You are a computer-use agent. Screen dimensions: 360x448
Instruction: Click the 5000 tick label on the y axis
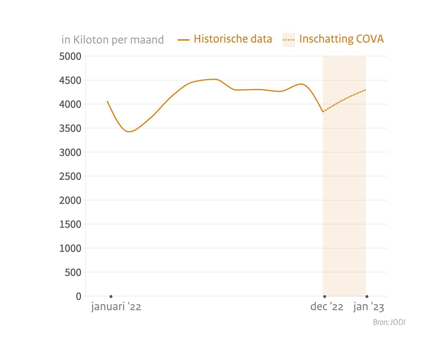[70, 56]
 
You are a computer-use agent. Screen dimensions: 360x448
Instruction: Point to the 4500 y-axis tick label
[70, 80]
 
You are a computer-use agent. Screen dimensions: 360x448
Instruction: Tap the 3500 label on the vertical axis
[70, 128]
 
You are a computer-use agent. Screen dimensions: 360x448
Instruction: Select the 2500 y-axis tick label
[70, 176]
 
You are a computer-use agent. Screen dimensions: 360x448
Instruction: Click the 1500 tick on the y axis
[70, 224]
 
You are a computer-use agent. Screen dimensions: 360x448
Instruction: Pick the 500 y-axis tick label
[73, 272]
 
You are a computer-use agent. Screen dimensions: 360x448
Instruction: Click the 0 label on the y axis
[78, 296]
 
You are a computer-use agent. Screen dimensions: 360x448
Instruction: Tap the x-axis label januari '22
[116, 307]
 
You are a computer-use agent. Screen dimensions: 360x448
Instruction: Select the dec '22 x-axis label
[327, 307]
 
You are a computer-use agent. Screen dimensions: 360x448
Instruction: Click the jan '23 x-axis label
[368, 307]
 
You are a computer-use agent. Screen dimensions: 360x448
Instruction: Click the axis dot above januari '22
[111, 297]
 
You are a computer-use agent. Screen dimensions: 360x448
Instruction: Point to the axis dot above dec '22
[325, 297]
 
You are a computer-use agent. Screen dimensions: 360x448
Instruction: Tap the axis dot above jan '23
[367, 297]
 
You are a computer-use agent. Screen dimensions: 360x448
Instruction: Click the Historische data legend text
[233, 39]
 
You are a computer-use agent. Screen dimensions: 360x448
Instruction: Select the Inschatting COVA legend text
[341, 39]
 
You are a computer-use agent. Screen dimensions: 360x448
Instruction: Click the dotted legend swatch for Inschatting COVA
[289, 40]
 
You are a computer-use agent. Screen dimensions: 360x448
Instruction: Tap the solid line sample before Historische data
[184, 40]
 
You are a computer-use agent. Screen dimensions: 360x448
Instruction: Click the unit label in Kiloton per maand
[113, 39]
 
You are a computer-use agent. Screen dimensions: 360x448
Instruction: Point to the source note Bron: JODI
[389, 322]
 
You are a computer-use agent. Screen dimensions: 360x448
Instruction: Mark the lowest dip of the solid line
[129, 132]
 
